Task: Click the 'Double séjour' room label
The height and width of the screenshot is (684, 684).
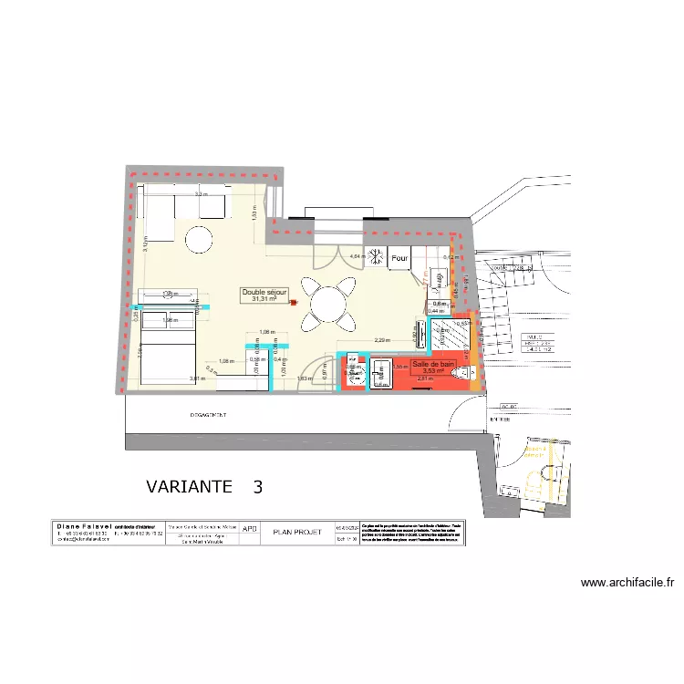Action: pyautogui.click(x=264, y=292)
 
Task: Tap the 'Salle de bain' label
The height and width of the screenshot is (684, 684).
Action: pyautogui.click(x=434, y=364)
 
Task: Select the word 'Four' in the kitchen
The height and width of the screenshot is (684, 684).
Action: pyautogui.click(x=399, y=259)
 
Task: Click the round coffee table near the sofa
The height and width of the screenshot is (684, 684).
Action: pyautogui.click(x=200, y=240)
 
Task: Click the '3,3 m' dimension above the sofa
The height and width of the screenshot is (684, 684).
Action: pyautogui.click(x=201, y=195)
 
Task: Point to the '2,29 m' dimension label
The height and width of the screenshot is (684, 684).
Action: pyautogui.click(x=381, y=341)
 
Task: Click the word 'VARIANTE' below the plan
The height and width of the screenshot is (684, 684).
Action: pyautogui.click(x=189, y=487)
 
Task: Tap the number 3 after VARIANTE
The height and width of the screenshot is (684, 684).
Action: pyautogui.click(x=258, y=487)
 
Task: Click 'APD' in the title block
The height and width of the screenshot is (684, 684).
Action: pyautogui.click(x=250, y=528)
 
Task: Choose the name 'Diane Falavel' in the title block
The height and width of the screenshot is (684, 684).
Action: pyautogui.click(x=82, y=527)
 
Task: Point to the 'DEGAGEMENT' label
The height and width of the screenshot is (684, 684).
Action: pyautogui.click(x=210, y=415)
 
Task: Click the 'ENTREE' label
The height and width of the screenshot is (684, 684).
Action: pyautogui.click(x=500, y=419)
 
